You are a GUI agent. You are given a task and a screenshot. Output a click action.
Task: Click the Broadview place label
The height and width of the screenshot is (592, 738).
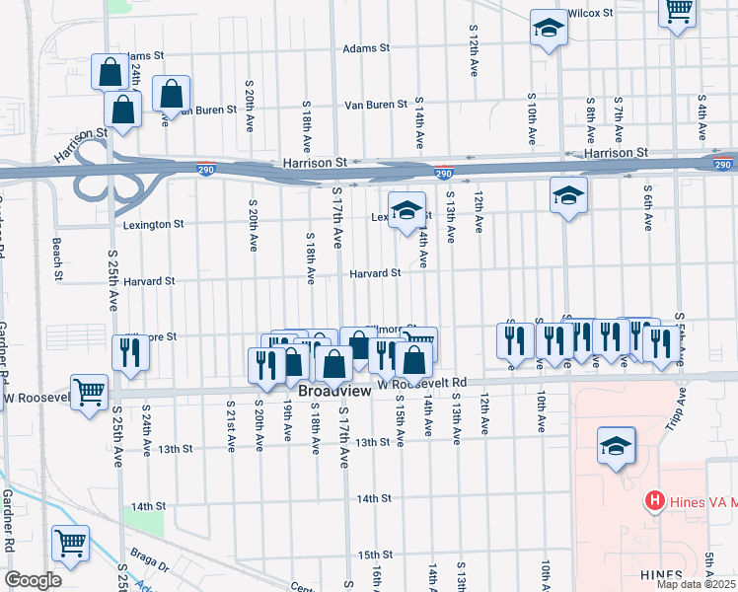pos(334,391)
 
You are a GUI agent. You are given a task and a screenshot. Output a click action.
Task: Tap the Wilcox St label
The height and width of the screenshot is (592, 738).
pos(591,13)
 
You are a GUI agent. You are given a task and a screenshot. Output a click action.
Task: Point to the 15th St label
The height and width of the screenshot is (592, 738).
pos(375,555)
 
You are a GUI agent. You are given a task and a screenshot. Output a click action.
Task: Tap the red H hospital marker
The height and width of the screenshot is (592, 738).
pos(653,501)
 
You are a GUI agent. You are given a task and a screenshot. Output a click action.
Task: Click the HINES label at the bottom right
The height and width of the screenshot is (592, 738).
pos(660,575)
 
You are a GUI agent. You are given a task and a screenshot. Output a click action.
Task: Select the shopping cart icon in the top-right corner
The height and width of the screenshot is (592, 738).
pos(677,13)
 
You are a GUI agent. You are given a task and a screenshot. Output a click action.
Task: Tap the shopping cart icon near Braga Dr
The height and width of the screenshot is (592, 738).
pos(71,541)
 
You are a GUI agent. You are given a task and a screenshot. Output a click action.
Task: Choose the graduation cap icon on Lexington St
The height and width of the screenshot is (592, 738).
pos(406,210)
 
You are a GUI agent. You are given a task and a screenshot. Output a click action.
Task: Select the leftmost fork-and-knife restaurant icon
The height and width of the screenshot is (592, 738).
pos(129,352)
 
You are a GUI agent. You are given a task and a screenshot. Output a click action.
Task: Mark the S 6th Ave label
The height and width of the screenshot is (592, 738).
pos(648,208)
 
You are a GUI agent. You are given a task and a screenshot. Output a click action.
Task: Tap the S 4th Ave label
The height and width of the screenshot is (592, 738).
pos(702,115)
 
